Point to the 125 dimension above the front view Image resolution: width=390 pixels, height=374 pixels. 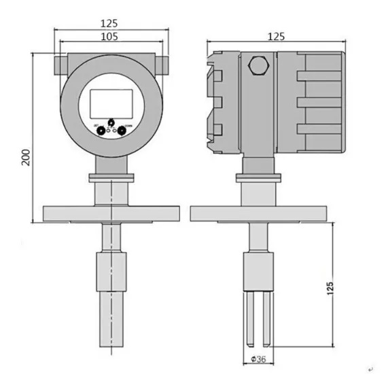click(109, 22)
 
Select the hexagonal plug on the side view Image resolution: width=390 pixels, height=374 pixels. click(259, 65)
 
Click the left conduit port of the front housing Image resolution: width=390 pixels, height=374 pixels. click(56, 64)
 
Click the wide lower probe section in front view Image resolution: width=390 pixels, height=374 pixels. click(109, 299)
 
